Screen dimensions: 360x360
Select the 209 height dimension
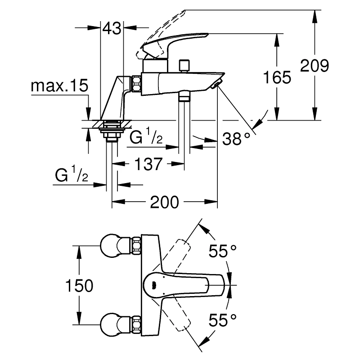315,66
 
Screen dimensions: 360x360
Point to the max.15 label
59,86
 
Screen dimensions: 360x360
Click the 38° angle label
236,139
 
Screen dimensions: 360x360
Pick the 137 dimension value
148,164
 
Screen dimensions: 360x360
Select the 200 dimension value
165,202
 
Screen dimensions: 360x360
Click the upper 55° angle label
222,250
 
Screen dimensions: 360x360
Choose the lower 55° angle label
222,320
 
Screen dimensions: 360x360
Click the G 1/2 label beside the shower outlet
145,138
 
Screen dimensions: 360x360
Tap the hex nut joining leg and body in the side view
136,83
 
